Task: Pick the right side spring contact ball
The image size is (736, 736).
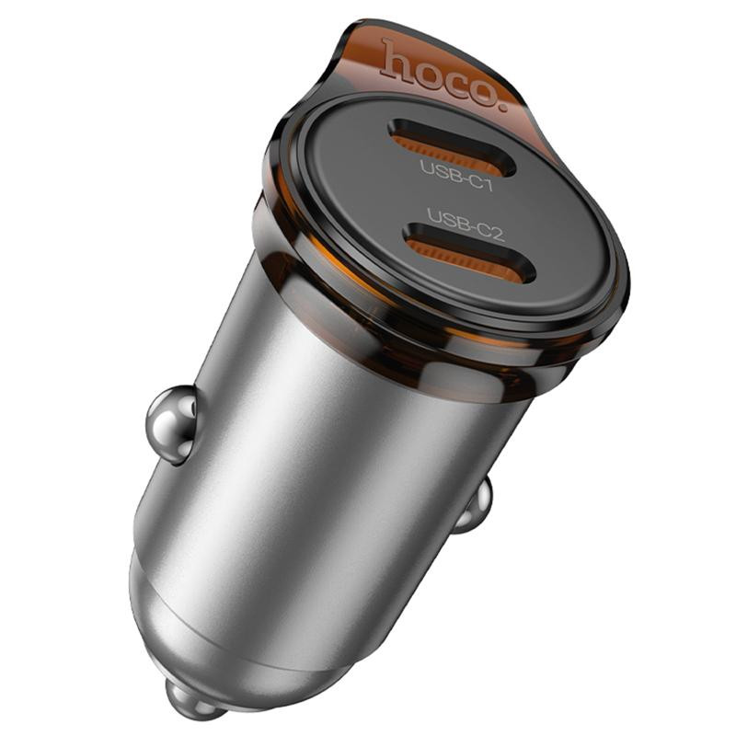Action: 475,506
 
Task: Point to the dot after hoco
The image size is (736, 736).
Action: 504,108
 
